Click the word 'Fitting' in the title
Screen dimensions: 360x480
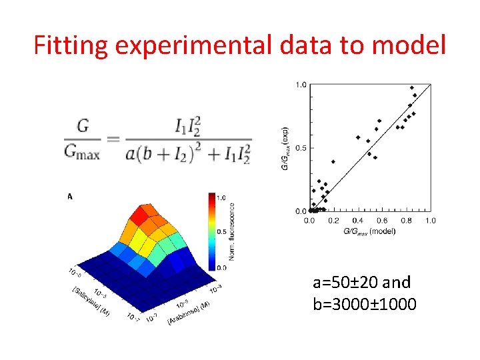(x=71, y=45)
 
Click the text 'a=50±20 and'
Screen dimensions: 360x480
(x=361, y=282)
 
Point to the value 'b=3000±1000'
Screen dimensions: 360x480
(x=364, y=305)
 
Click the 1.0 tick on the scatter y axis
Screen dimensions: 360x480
(x=301, y=85)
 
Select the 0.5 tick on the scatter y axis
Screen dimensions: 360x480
(x=301, y=147)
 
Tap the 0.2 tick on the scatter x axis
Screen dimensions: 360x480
(x=334, y=220)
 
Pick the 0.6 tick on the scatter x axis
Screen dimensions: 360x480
(x=383, y=220)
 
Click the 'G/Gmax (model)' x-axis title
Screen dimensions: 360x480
(x=369, y=231)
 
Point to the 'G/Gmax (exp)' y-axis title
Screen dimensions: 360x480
(x=285, y=148)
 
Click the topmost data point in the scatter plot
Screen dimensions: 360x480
(x=411, y=87)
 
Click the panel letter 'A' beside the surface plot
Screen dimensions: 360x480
(x=69, y=197)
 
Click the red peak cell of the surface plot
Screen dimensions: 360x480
(x=141, y=215)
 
